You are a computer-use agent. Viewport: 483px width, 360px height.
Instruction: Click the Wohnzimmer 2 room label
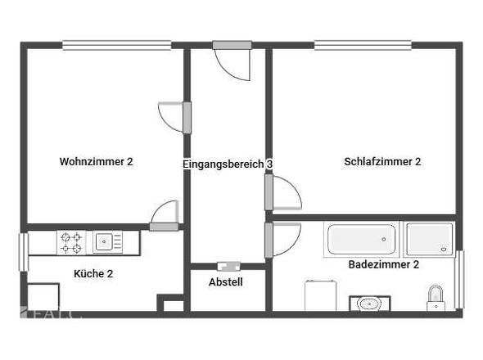pyautogui.click(x=96, y=162)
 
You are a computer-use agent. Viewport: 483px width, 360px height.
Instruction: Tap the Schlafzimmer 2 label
pyautogui.click(x=382, y=162)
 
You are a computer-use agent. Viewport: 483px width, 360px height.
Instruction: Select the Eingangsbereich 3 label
pyautogui.click(x=227, y=164)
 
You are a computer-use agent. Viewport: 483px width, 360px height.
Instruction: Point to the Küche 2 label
pyautogui.click(x=93, y=273)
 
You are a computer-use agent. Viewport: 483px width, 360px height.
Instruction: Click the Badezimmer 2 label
pyautogui.click(x=384, y=265)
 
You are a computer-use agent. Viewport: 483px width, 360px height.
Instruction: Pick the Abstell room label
pyautogui.click(x=226, y=282)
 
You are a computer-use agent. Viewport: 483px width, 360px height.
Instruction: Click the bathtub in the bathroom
pyautogui.click(x=361, y=239)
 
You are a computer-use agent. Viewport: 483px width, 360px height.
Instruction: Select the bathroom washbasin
pyautogui.click(x=369, y=304)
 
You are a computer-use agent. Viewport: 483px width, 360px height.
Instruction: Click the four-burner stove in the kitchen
pyautogui.click(x=71, y=242)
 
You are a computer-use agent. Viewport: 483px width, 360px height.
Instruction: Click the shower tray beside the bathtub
pyautogui.click(x=429, y=239)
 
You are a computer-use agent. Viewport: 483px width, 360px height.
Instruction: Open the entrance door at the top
pyautogui.click(x=231, y=61)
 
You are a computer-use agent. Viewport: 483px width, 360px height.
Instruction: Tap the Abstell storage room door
pyautogui.click(x=228, y=265)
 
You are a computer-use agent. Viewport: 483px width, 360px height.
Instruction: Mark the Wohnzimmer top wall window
pyautogui.click(x=117, y=45)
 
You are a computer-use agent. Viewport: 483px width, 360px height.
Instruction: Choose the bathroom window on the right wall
pyautogui.click(x=459, y=279)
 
